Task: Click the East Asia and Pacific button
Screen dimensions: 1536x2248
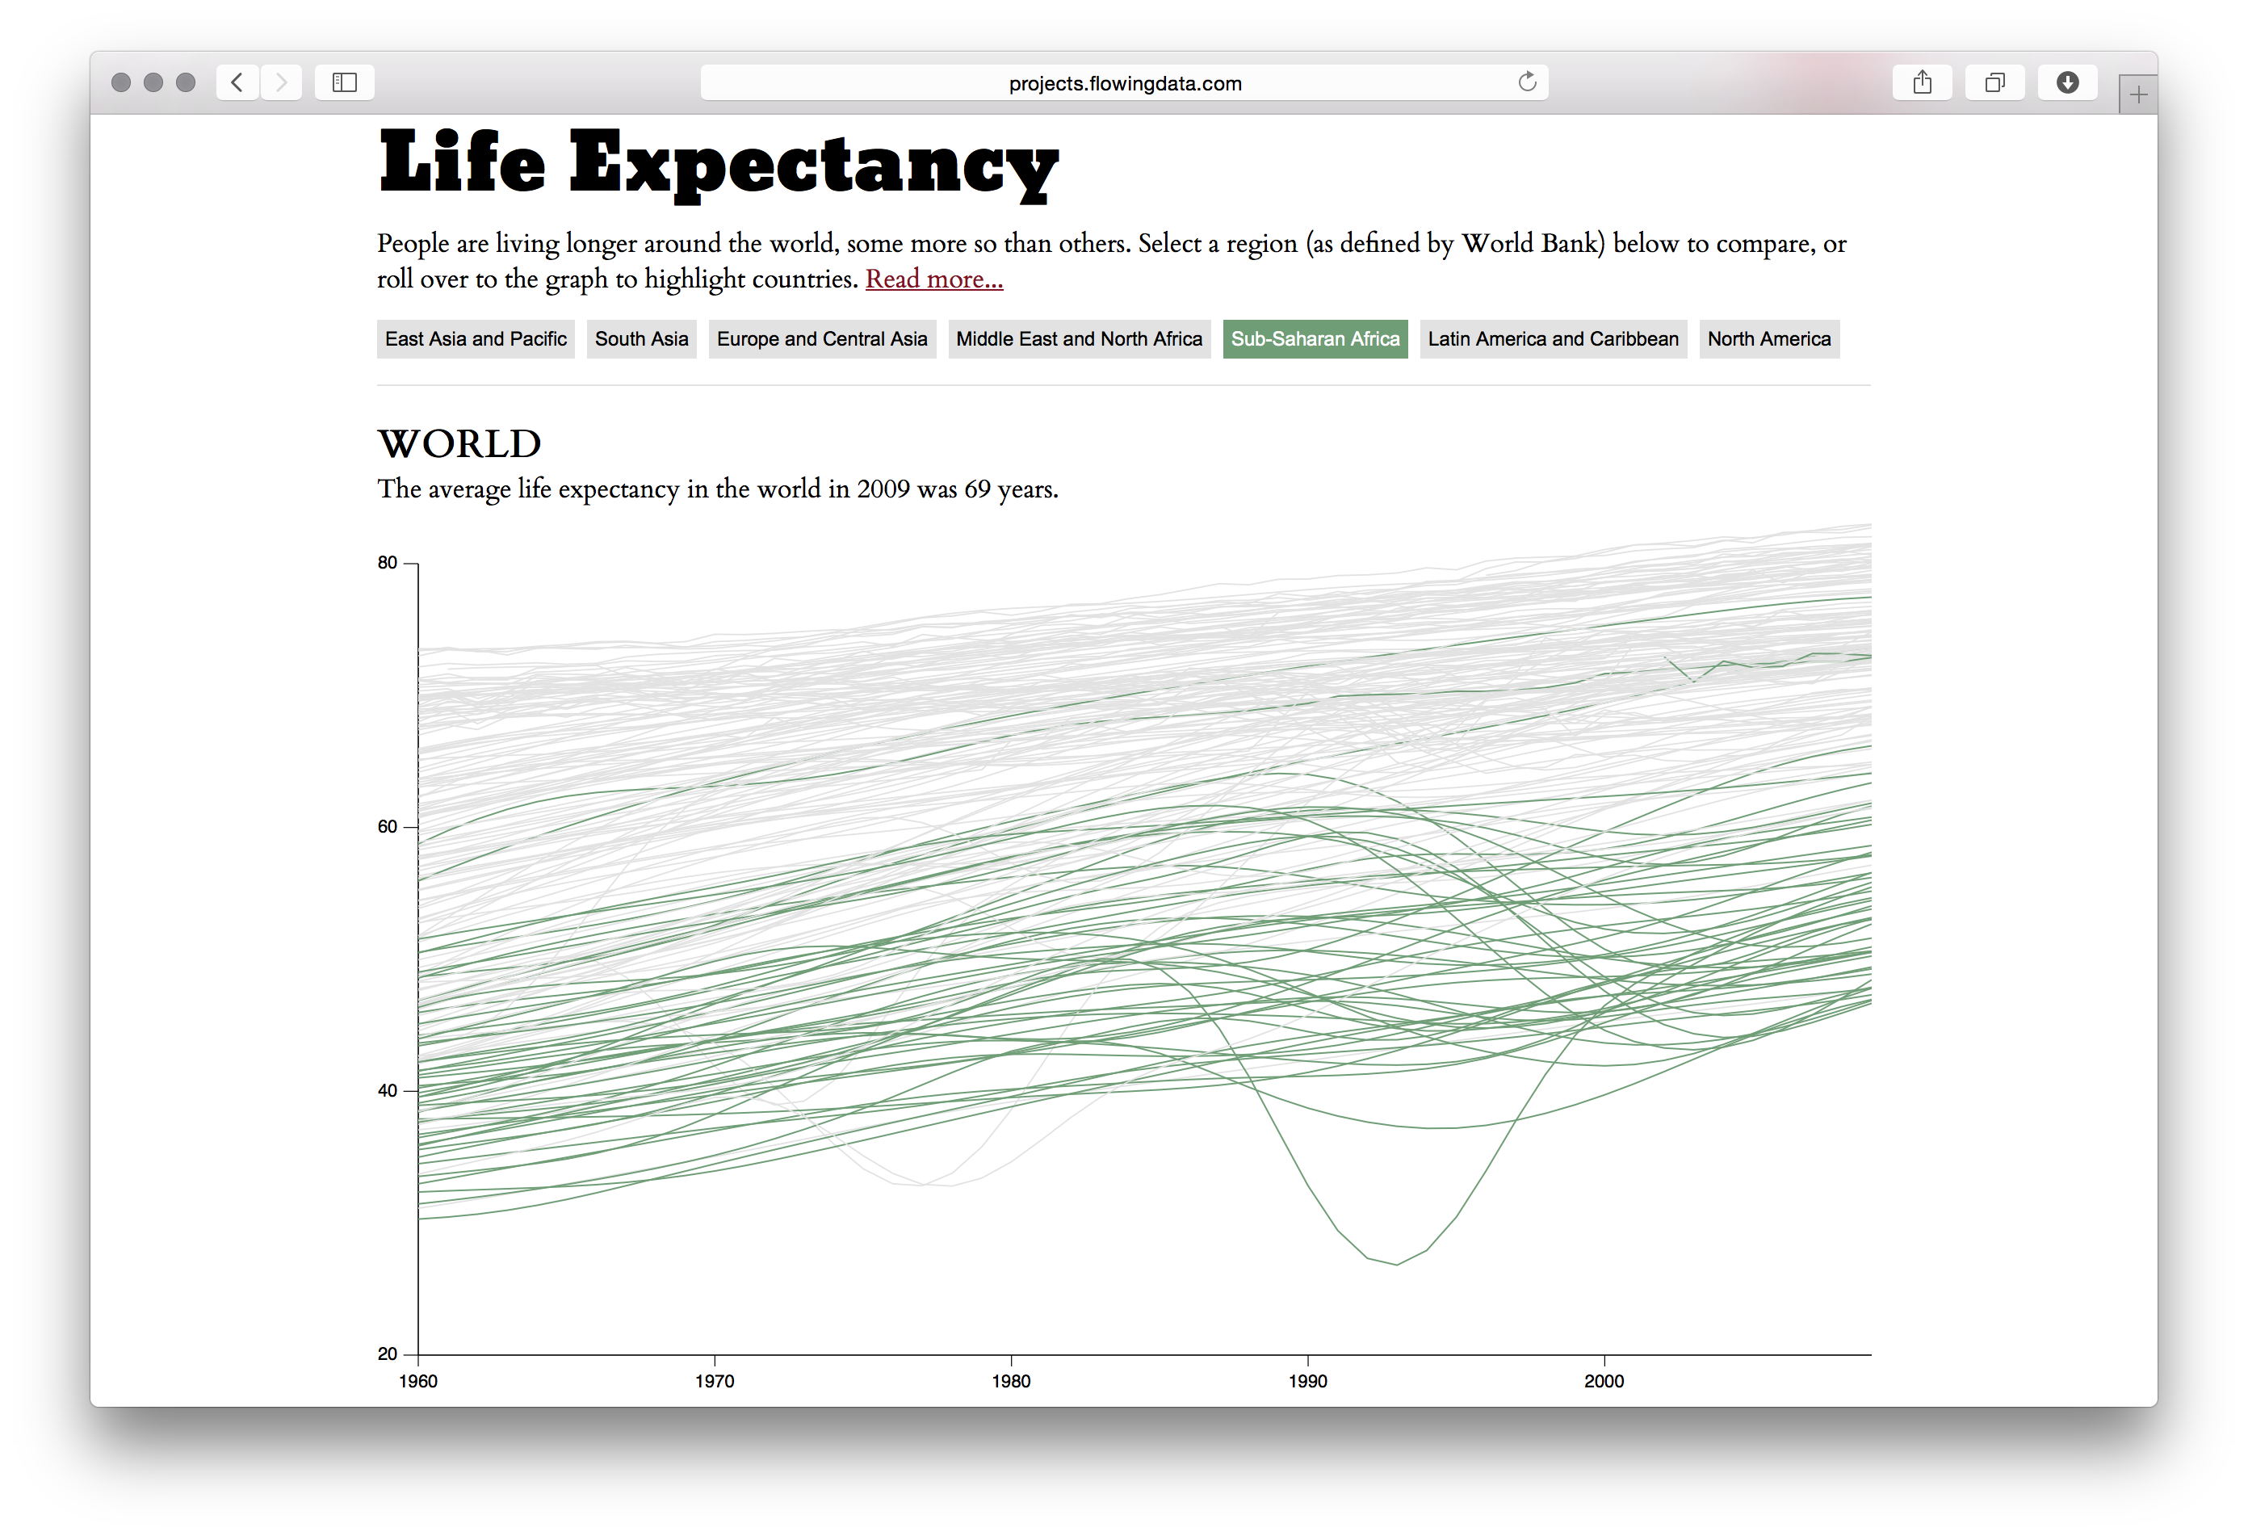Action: click(x=475, y=339)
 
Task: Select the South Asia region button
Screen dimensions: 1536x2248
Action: click(x=641, y=339)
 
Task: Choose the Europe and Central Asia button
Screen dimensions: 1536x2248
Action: click(x=821, y=339)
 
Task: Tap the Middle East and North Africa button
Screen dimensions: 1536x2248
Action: click(x=1079, y=339)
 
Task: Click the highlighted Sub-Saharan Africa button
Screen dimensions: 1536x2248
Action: click(x=1315, y=339)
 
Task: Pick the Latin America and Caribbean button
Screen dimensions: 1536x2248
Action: click(x=1553, y=339)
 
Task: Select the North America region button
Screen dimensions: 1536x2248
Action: click(x=1768, y=339)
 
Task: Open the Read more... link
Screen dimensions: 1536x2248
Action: click(x=933, y=279)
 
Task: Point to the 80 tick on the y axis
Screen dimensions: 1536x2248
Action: click(x=388, y=563)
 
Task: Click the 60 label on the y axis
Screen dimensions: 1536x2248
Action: click(x=388, y=827)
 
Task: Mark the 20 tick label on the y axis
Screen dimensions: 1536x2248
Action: click(x=388, y=1354)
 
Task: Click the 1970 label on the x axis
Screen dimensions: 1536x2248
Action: click(x=714, y=1381)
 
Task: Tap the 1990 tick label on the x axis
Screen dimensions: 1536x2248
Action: click(x=1306, y=1381)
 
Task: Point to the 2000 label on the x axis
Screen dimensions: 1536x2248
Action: click(x=1604, y=1381)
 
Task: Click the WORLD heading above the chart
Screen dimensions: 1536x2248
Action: click(x=459, y=444)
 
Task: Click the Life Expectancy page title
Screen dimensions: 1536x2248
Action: click(x=718, y=162)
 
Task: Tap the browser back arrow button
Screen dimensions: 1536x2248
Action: click(x=237, y=82)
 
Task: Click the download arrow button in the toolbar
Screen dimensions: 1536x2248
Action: click(x=2067, y=82)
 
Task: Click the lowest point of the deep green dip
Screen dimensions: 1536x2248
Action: click(x=1396, y=1264)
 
